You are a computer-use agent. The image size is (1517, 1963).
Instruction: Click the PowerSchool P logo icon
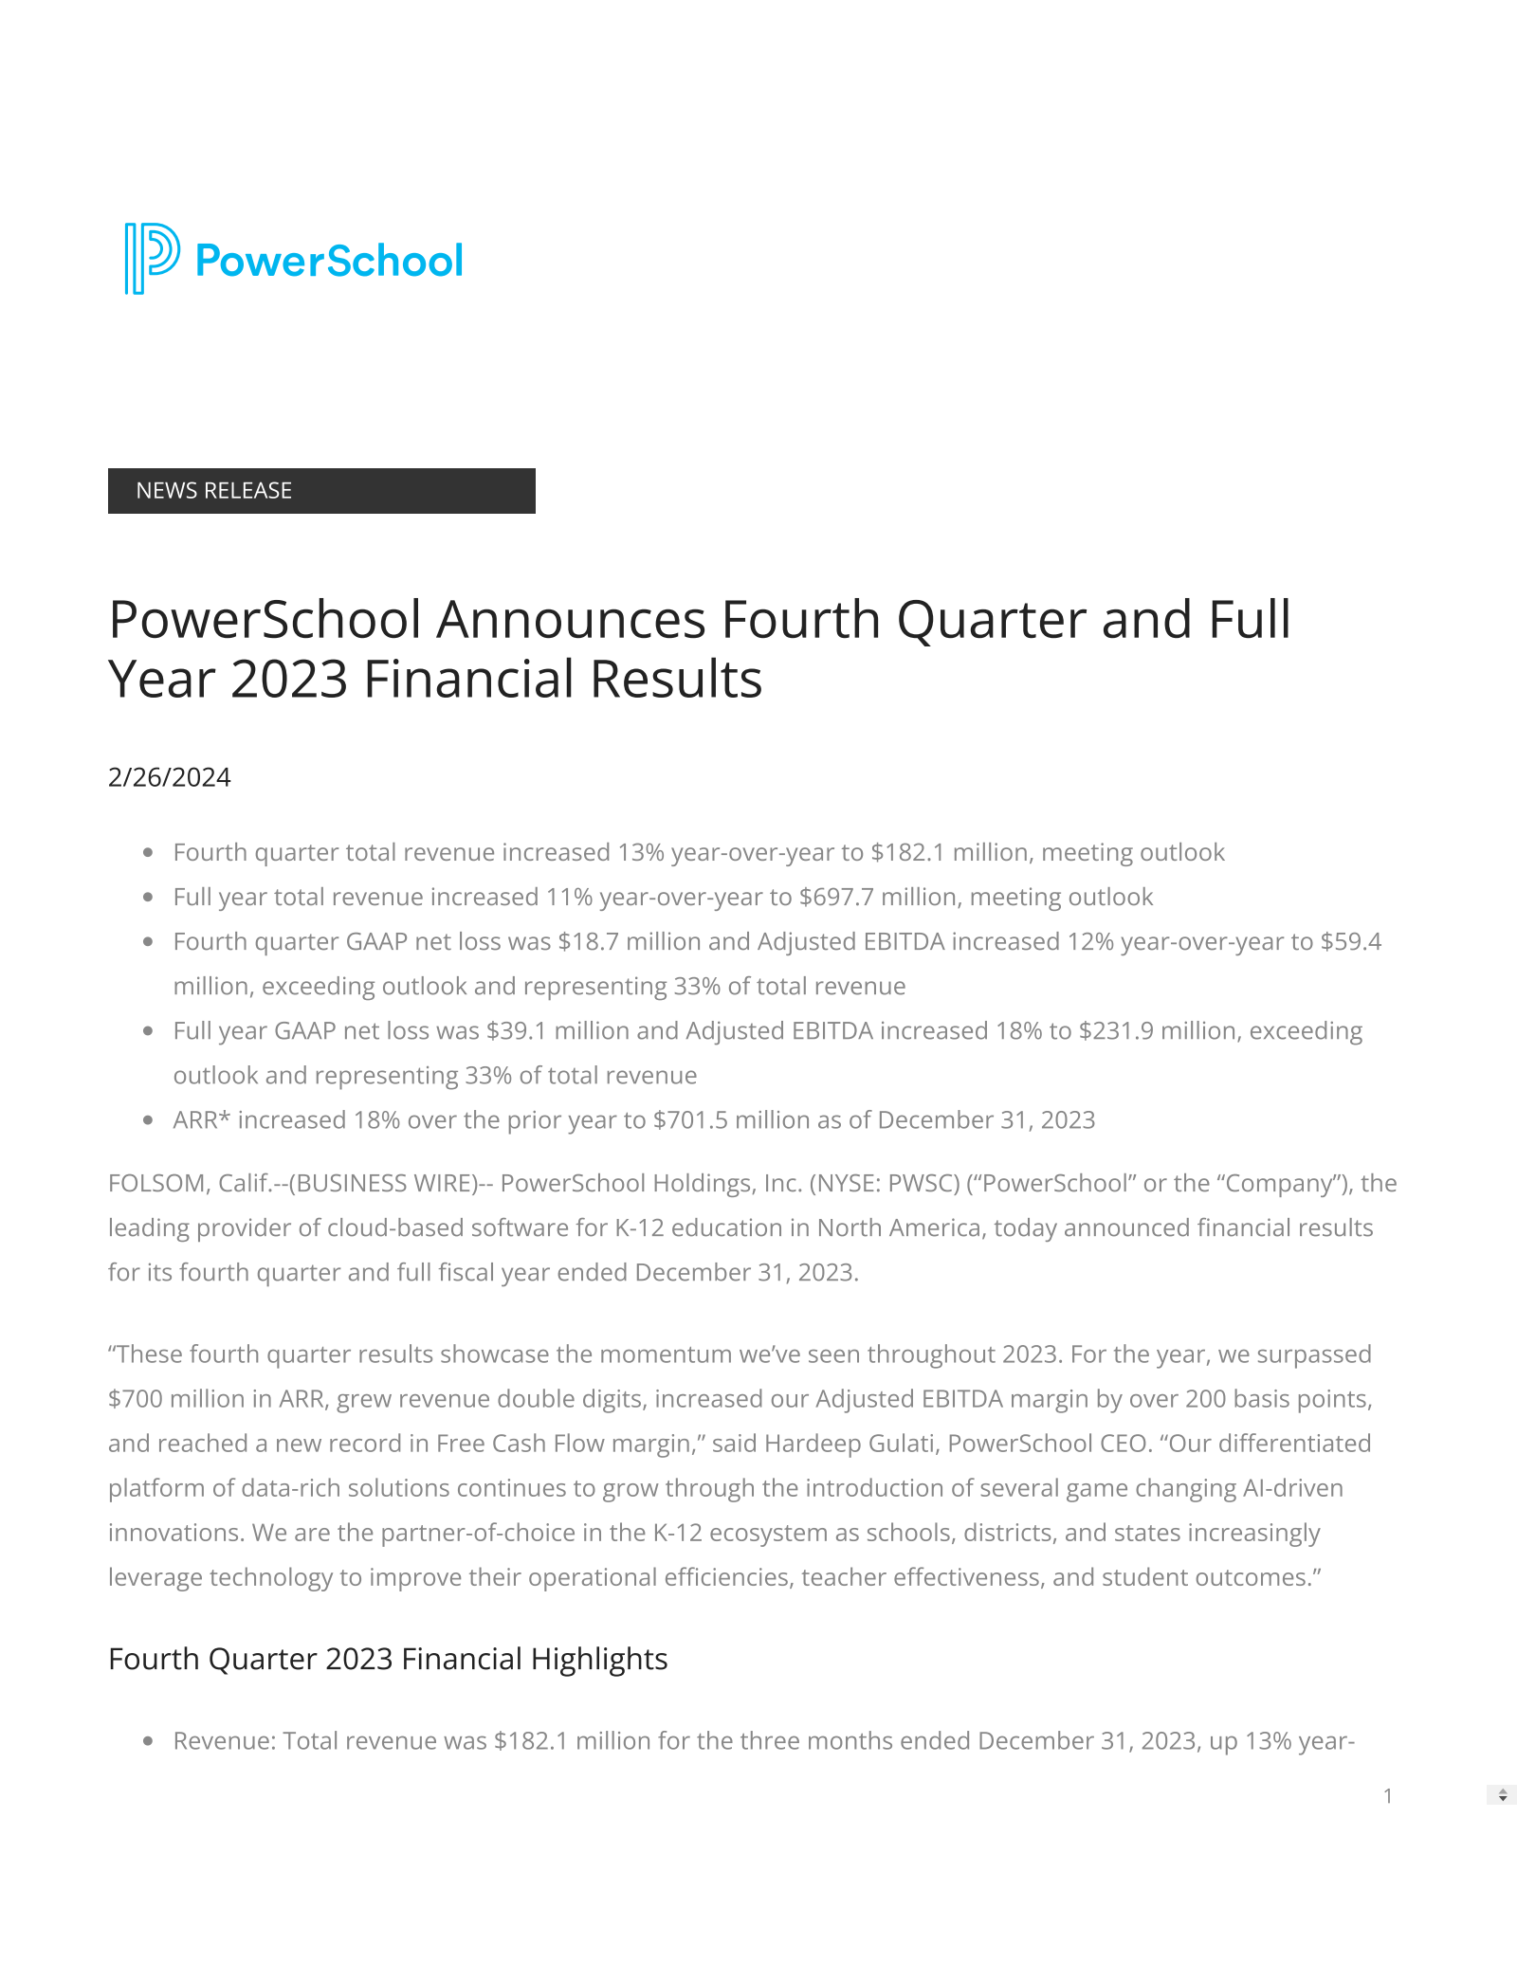151,259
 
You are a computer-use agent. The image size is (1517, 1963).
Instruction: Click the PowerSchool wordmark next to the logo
329,261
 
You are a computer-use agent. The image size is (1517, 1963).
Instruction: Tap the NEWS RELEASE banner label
214,491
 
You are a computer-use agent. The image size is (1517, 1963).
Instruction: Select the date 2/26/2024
170,778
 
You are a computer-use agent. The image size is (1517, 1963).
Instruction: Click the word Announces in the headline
572,620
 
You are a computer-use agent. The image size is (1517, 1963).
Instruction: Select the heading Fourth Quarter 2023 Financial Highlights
388,1660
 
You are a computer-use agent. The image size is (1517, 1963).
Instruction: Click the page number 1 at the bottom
1388,1796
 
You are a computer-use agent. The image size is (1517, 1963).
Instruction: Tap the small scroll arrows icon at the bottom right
1503,1795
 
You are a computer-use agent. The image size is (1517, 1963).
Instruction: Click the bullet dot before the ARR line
148,1120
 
